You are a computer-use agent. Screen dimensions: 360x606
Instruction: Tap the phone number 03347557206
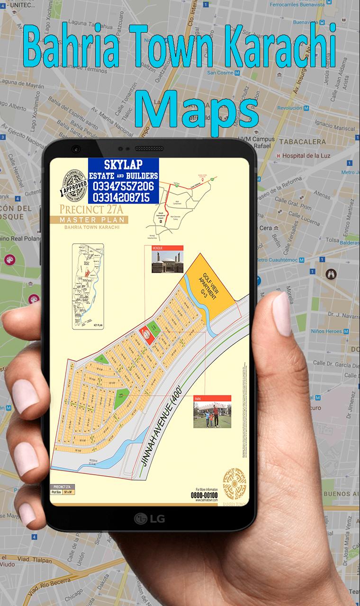point(123,187)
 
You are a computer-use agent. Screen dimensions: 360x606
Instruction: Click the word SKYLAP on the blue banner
point(123,165)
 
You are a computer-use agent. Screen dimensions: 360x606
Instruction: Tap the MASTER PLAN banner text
point(89,220)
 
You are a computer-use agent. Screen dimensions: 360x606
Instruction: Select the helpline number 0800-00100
point(204,495)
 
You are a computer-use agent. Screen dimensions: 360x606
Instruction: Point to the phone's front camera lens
point(76,149)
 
